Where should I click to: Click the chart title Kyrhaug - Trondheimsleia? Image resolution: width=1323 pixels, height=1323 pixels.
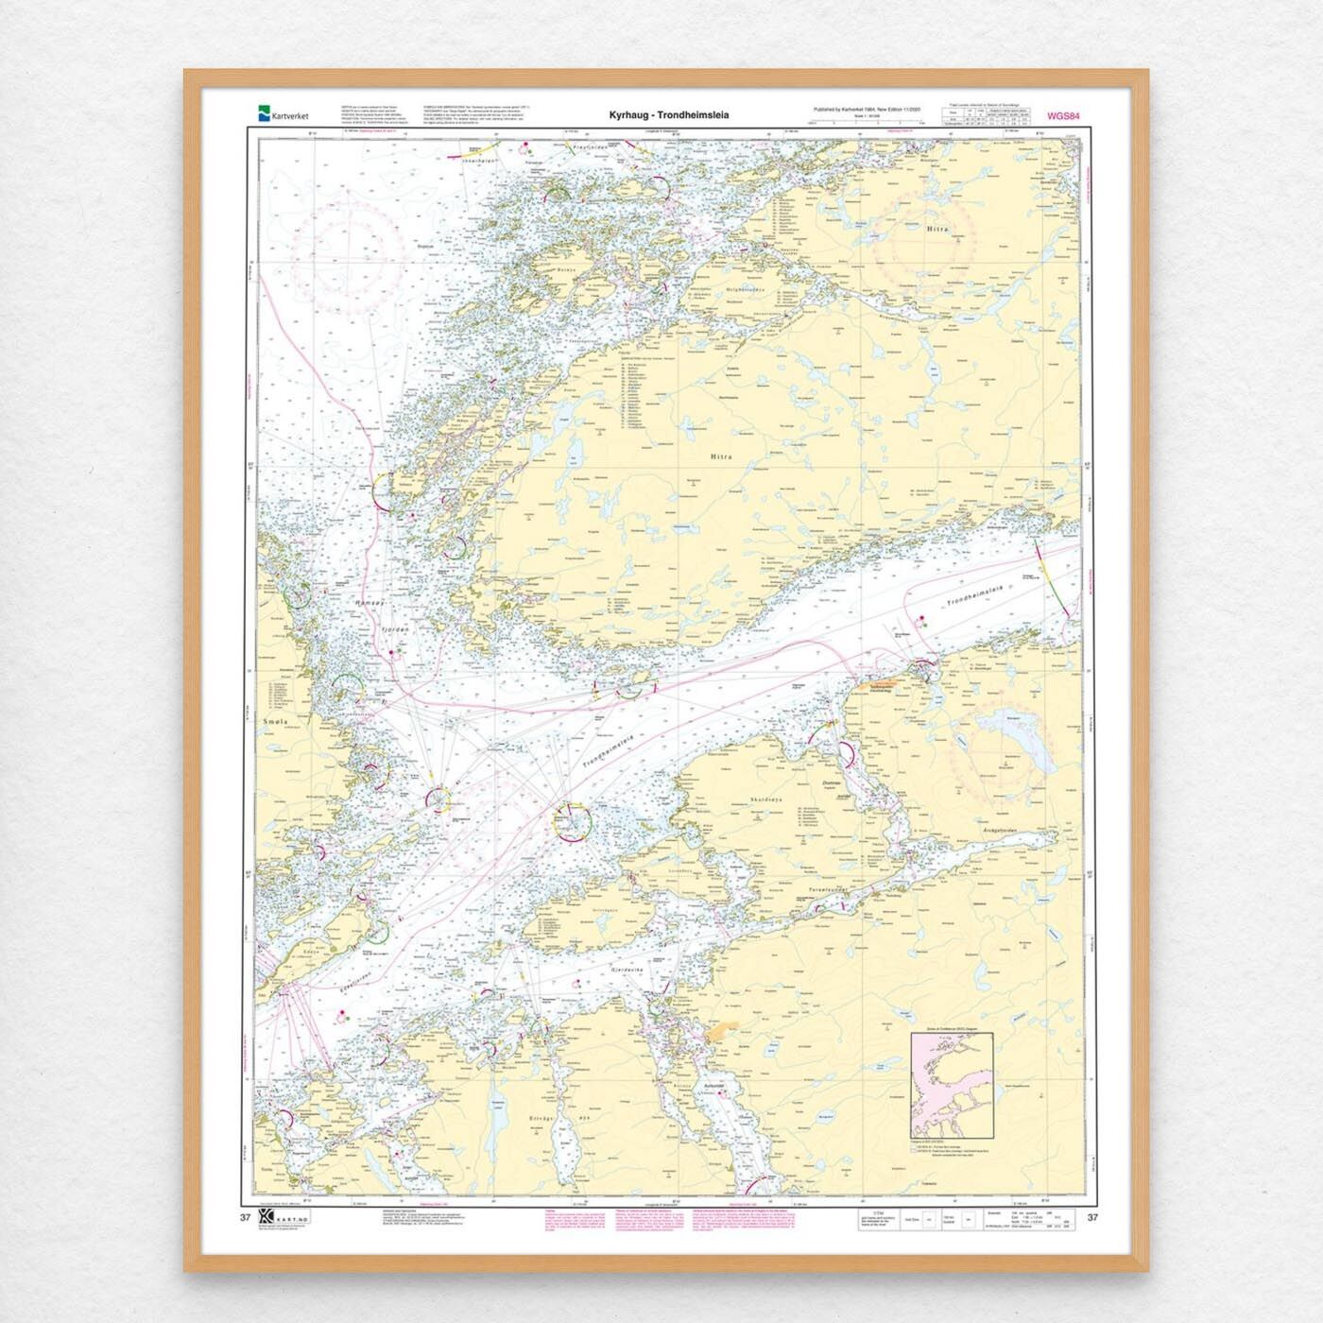click(668, 115)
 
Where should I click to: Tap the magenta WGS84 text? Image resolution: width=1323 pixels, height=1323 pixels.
click(1063, 116)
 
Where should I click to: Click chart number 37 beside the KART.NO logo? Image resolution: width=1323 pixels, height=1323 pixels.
click(246, 1217)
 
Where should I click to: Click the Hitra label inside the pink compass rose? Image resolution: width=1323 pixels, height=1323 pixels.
click(937, 229)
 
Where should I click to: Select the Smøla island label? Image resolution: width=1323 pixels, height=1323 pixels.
click(268, 722)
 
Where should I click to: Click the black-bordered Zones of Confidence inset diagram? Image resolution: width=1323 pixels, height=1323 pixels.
click(951, 1085)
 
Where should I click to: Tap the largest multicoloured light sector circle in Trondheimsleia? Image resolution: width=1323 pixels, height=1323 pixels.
click(571, 821)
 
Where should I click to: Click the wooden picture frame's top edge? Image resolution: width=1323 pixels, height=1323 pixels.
click(661, 74)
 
